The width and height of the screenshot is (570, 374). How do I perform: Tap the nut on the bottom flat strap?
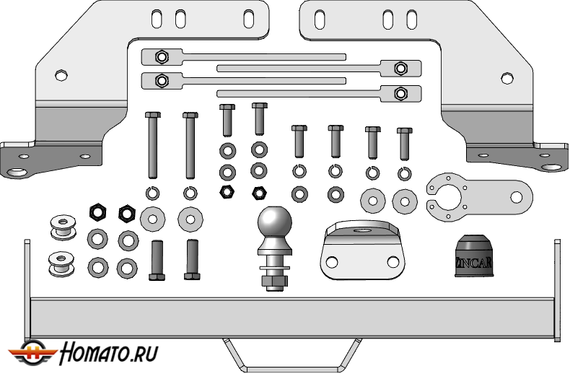point(399,92)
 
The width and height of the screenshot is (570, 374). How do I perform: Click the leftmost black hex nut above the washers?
point(97,212)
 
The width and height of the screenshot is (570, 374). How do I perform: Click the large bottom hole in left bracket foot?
point(16,172)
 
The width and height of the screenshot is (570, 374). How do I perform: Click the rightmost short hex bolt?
point(404,143)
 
